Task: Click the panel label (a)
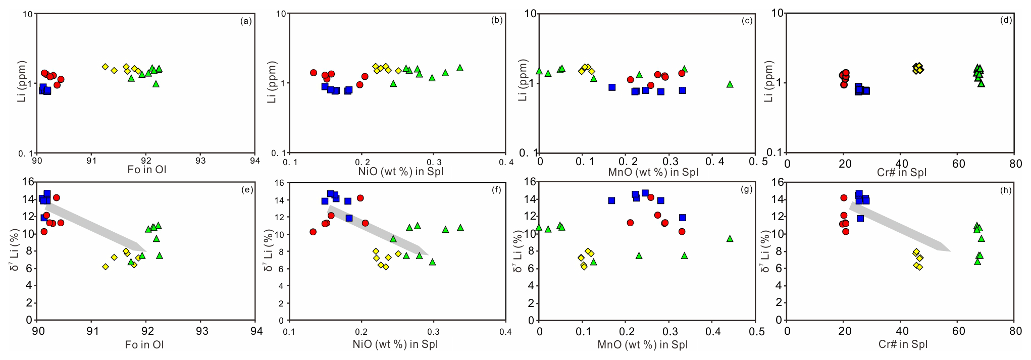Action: pos(246,21)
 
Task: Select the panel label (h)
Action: pos(1005,190)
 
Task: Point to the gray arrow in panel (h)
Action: pos(899,227)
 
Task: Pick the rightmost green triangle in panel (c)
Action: pos(730,84)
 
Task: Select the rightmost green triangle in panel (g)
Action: pos(730,239)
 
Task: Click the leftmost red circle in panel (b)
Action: pos(313,73)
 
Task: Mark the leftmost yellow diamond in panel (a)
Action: pos(105,67)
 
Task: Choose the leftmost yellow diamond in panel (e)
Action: pos(106,267)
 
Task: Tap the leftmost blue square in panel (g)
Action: pos(611,200)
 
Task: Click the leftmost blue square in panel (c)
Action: pos(612,87)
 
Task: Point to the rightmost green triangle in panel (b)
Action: pos(460,68)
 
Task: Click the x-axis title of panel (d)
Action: pos(901,172)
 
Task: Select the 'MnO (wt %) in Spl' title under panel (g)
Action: pos(642,345)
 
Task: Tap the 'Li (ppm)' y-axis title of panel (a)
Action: pos(21,82)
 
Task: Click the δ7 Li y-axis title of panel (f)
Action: pos(268,250)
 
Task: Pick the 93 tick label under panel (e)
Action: pos(201,331)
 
